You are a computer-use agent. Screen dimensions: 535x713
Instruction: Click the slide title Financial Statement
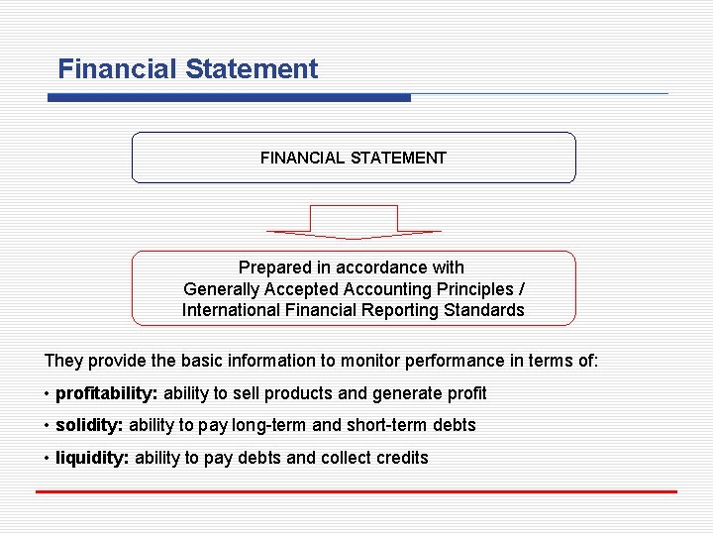coord(188,69)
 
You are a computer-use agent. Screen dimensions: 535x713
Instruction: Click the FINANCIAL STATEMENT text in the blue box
coord(354,158)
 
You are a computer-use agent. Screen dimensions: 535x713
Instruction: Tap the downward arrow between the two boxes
coord(354,222)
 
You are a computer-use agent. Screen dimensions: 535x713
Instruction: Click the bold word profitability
coord(107,393)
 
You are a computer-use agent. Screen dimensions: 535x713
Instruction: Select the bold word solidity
coord(89,425)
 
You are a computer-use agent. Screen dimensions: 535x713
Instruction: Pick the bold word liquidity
coord(92,458)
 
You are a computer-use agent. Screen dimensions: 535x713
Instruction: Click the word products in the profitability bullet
coord(302,393)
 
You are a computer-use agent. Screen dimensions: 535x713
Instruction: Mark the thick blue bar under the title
coord(229,97)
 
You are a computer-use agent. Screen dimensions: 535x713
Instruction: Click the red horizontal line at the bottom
coord(356,491)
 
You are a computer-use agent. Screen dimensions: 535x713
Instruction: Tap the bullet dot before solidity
coord(48,426)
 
